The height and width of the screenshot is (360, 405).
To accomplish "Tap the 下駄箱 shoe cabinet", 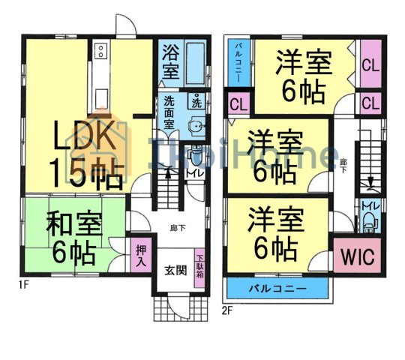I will coord(200,265).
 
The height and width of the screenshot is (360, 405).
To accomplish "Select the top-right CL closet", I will coord(370,65).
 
